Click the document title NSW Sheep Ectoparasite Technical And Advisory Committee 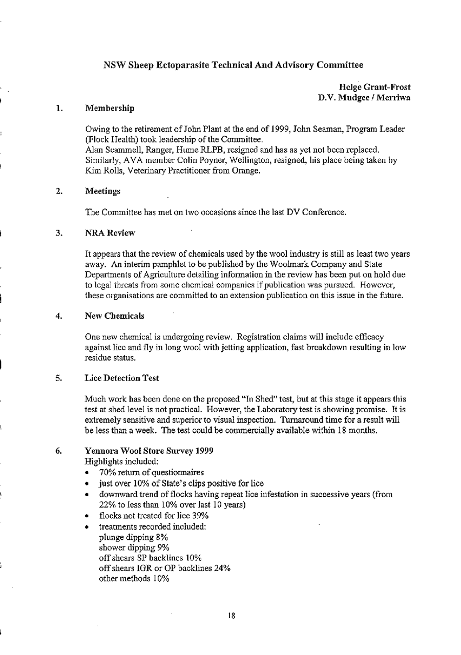point(233,65)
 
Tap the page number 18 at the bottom point(232,616)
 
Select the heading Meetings point(102,192)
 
